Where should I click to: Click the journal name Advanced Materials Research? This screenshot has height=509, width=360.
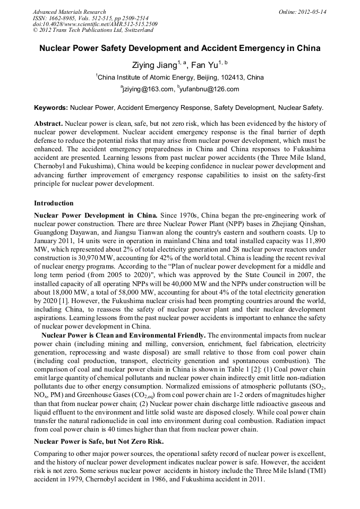pyautogui.click(x=69, y=12)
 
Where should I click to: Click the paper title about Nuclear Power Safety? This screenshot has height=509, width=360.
pyautogui.click(x=180, y=48)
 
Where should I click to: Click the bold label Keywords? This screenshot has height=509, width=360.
pyautogui.click(x=51, y=107)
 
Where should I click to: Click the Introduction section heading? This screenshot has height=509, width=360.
pyautogui.click(x=54, y=203)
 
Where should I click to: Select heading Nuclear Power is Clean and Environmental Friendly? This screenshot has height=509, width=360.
pyautogui.click(x=124, y=335)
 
